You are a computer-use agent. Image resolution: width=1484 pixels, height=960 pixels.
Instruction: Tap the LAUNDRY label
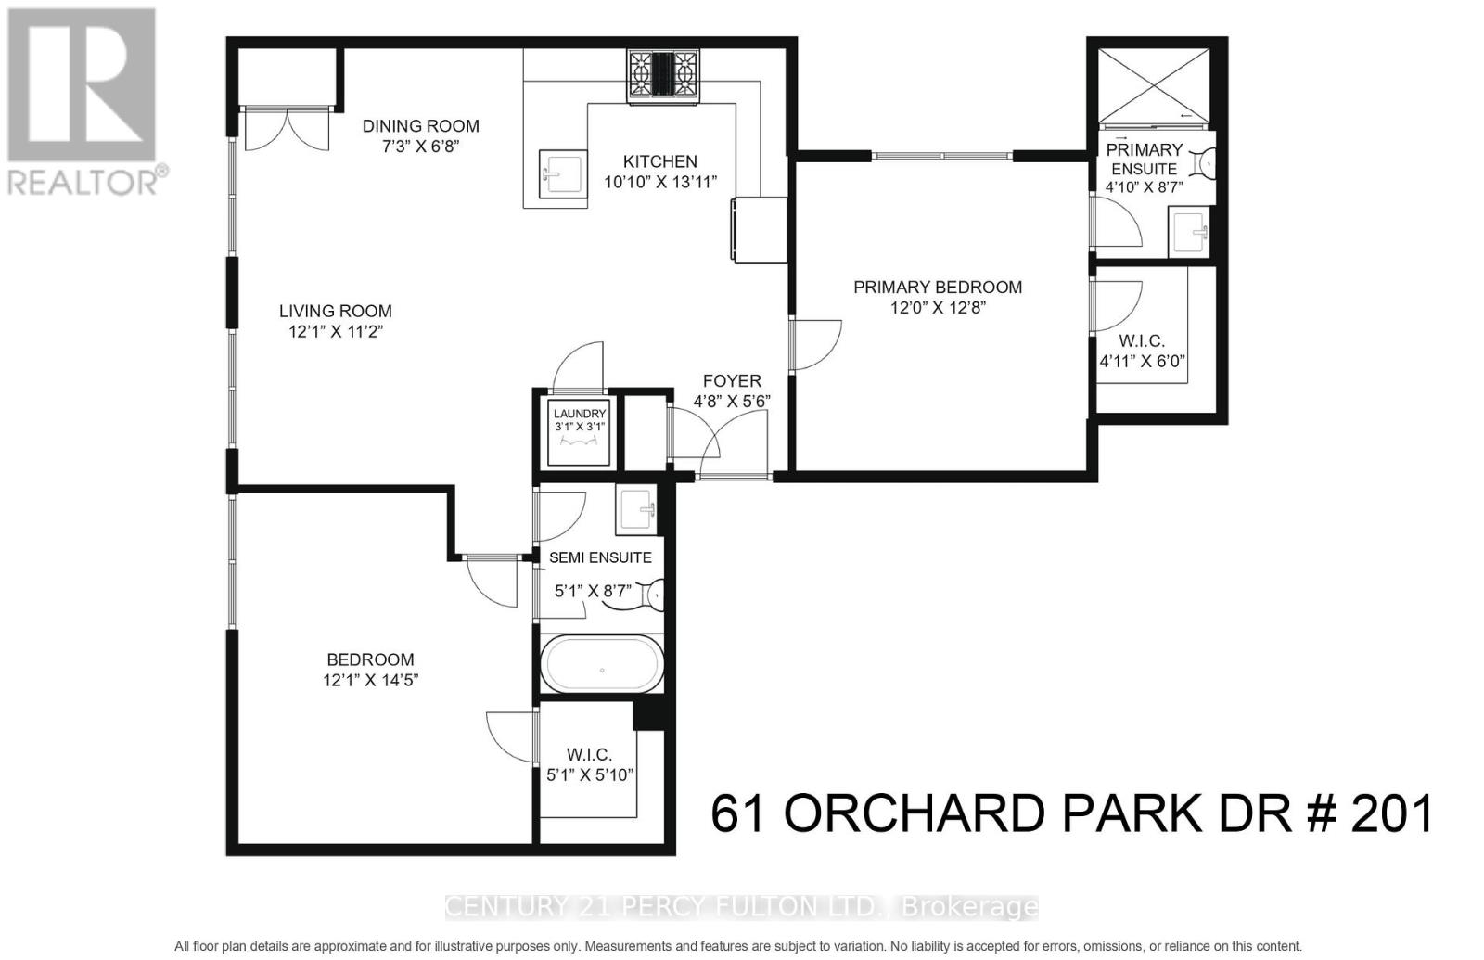click(580, 414)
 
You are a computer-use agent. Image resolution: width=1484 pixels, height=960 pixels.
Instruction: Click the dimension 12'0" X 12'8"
click(937, 308)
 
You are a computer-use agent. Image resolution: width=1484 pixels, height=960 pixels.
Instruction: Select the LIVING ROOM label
click(336, 311)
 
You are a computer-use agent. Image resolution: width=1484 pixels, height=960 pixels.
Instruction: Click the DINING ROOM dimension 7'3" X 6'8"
click(420, 147)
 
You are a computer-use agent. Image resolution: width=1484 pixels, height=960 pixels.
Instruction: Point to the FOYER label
click(732, 381)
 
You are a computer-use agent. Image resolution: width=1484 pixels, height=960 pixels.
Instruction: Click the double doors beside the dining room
click(287, 129)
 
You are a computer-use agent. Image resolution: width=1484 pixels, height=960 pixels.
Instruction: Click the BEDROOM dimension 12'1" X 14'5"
click(370, 680)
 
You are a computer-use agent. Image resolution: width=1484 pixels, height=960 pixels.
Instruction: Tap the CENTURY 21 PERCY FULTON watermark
click(741, 906)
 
